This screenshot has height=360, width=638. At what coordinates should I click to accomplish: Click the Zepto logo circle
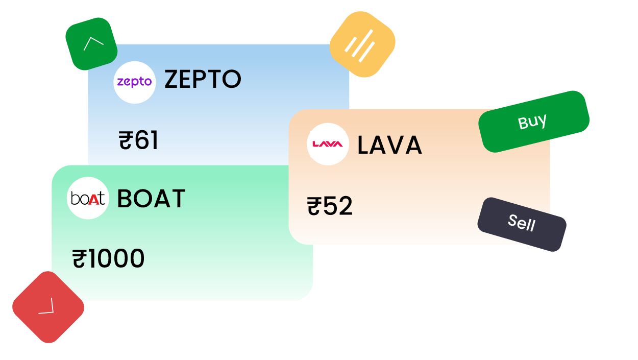point(135,82)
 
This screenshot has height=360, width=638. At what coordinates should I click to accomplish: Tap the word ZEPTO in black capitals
point(203,80)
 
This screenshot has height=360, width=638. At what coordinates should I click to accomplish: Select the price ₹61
point(139,141)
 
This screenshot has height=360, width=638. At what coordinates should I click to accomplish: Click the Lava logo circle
point(328,144)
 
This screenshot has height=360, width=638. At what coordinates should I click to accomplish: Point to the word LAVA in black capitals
point(389,146)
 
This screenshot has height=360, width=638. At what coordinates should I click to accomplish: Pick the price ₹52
point(330,206)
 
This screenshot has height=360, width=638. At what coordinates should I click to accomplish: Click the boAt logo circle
point(88,198)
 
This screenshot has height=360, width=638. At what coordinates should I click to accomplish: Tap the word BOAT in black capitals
point(151,199)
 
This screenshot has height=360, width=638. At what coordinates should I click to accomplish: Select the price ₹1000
point(109,259)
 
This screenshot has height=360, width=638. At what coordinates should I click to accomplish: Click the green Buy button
point(533,122)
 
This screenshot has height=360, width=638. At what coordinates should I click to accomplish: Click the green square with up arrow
point(91,44)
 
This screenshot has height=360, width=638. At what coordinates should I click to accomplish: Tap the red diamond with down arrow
point(48,307)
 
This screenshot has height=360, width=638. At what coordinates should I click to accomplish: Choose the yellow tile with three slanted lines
point(362,44)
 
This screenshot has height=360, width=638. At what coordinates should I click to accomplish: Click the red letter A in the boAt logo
point(93,199)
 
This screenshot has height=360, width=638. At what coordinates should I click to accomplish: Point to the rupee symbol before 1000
point(79,259)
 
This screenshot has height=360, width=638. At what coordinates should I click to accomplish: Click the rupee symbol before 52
point(313,206)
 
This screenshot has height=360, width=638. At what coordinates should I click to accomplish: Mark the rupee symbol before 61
point(126,141)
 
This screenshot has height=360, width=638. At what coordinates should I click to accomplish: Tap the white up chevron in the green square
point(93,43)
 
